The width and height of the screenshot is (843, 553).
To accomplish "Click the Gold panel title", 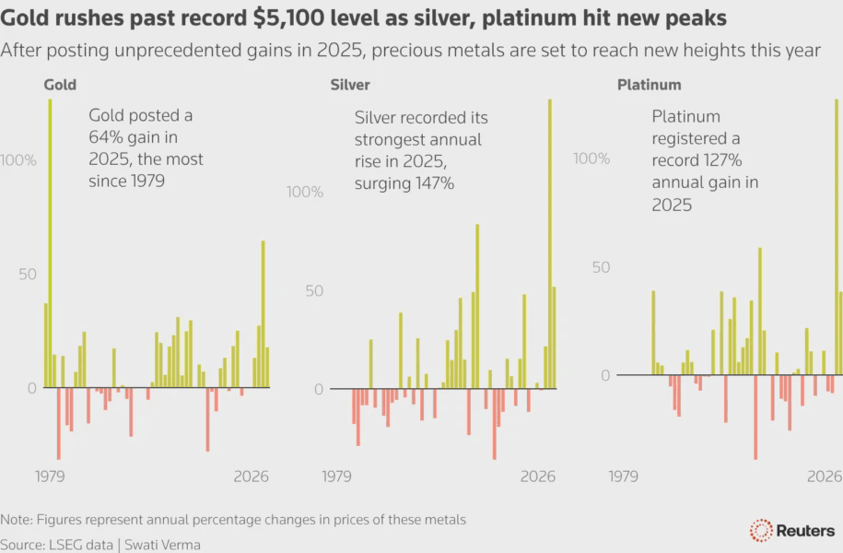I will [60, 85].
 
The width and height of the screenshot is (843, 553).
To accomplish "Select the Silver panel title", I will [350, 85].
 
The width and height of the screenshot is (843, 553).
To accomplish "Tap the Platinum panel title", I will [649, 85].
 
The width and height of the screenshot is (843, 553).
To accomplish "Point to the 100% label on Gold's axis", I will [19, 160].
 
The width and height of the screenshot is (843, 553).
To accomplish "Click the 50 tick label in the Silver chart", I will [315, 291].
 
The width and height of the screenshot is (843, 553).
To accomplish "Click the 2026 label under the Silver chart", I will [538, 477].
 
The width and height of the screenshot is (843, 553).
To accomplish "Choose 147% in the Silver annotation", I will [432, 183].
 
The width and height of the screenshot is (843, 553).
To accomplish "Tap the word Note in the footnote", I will [16, 520].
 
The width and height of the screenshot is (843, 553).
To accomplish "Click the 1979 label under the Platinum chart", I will [624, 477].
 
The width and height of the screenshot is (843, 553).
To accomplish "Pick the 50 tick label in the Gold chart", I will [28, 275].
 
